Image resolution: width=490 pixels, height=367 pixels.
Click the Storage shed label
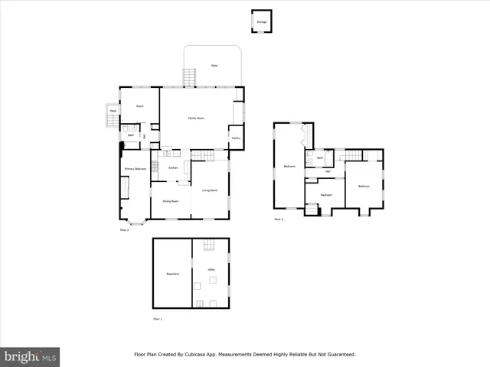pyautogui.click(x=262, y=22)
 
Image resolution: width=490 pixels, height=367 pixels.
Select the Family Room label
pyautogui.click(x=196, y=118)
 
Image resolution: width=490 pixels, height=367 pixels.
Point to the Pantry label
pyautogui.click(x=236, y=138)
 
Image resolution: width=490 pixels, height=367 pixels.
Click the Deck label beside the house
pyautogui.click(x=113, y=112)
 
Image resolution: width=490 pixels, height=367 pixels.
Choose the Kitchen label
pyautogui.click(x=173, y=167)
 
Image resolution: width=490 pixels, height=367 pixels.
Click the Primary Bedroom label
pyautogui.click(x=136, y=168)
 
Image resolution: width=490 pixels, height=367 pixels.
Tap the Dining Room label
pyautogui.click(x=170, y=201)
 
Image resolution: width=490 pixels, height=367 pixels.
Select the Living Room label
pyautogui.click(x=210, y=190)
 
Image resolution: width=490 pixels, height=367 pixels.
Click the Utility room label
pyautogui.click(x=211, y=269)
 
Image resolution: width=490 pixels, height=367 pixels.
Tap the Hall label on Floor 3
pyautogui.click(x=328, y=171)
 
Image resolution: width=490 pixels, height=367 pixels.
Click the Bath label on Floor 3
pyautogui.click(x=320, y=158)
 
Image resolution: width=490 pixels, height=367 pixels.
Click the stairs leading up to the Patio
pyautogui.click(x=189, y=76)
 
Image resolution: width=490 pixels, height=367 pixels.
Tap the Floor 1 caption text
pyautogui.click(x=158, y=318)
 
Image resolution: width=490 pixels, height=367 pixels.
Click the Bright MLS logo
pyautogui.click(x=30, y=356)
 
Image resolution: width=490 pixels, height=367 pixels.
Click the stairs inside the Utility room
pyautogui.click(x=208, y=247)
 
